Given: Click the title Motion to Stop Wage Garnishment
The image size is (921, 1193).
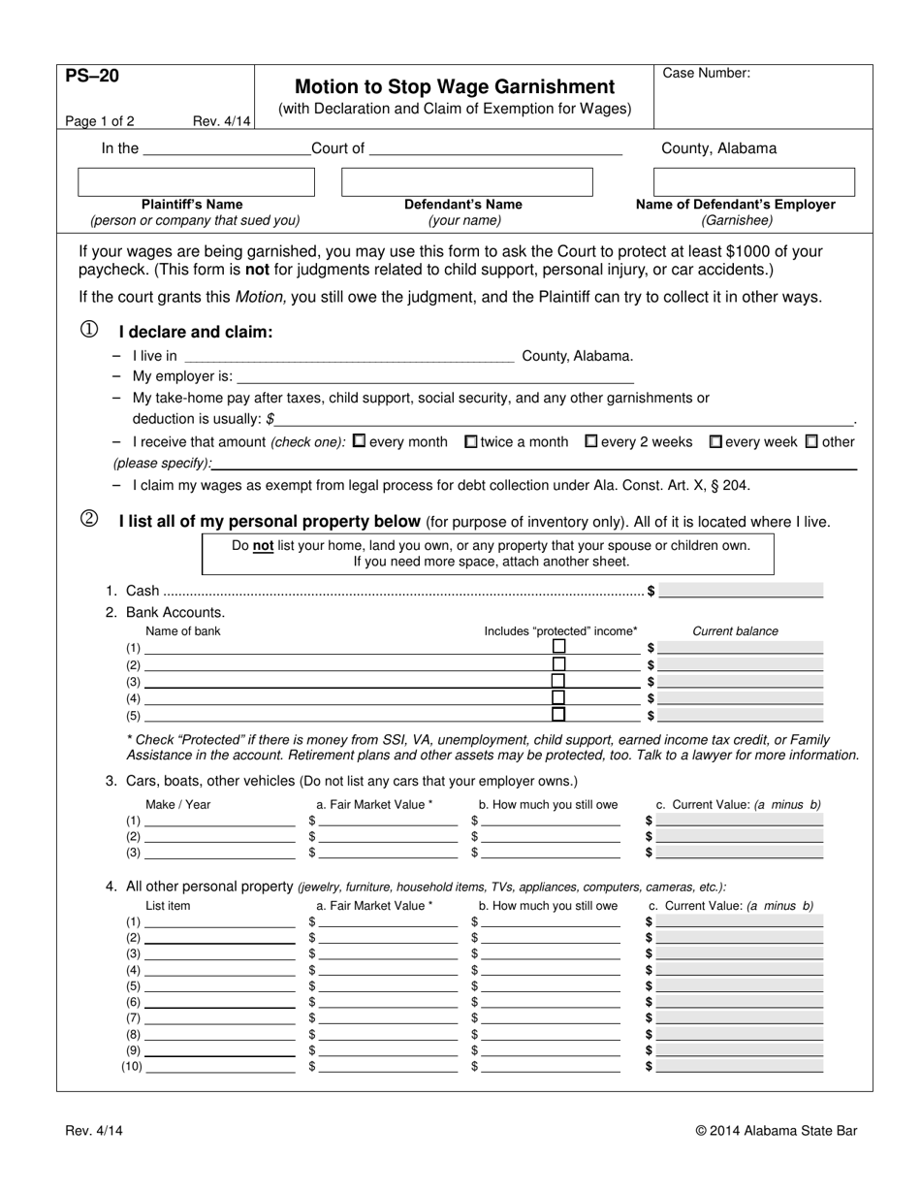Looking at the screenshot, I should [454, 86].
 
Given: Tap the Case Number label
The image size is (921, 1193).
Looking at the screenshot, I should [706, 73].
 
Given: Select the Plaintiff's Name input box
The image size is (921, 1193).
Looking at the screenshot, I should [196, 181].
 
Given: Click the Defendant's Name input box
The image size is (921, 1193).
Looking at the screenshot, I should [467, 181].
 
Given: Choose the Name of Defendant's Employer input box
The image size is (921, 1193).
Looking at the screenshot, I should [754, 181].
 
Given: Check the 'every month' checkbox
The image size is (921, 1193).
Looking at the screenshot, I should [360, 441].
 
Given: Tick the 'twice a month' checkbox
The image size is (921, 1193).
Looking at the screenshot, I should [471, 441].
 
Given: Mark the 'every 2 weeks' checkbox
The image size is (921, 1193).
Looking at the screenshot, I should [590, 441].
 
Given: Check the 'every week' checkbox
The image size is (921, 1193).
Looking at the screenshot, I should [715, 441].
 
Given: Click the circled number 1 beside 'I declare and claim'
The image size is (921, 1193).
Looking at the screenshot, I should [89, 331].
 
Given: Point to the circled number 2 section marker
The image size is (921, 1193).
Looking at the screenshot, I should [89, 520].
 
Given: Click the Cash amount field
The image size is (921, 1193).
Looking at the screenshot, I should [741, 590].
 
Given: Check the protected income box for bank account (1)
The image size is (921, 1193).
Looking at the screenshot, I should [558, 647].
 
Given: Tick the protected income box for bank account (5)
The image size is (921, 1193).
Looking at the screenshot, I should [558, 715].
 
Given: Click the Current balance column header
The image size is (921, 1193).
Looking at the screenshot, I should [735, 631].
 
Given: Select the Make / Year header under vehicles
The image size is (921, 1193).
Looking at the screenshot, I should [177, 804].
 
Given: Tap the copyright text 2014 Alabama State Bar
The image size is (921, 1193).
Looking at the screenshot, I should [776, 1130].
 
